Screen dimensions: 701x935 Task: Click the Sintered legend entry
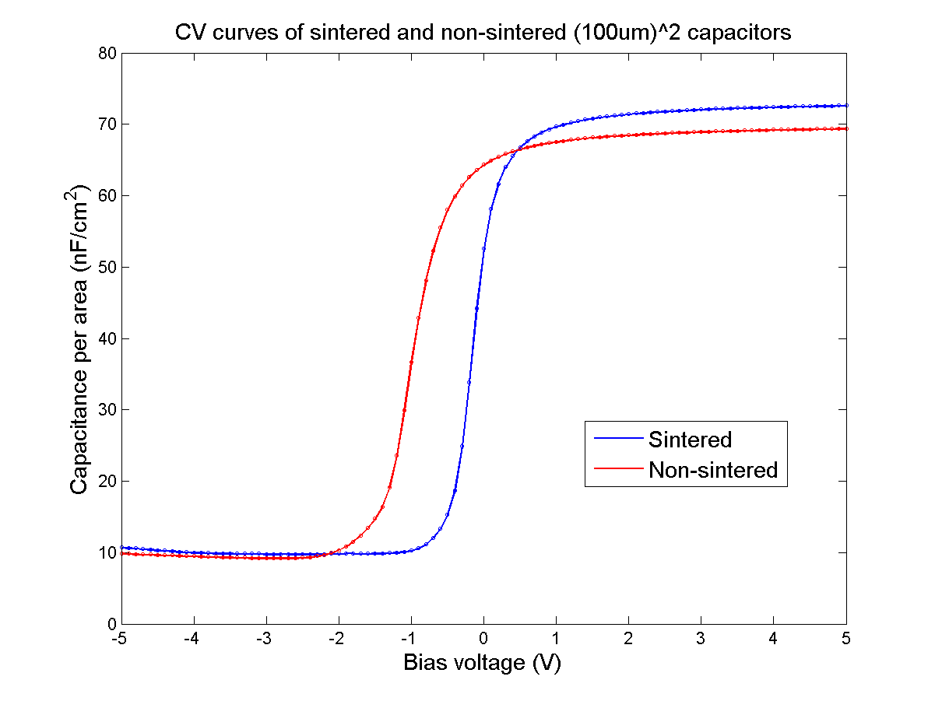pyautogui.click(x=690, y=440)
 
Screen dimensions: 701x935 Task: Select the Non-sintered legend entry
pyautogui.click(x=712, y=470)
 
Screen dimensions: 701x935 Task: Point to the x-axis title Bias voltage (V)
pyautogui.click(x=482, y=664)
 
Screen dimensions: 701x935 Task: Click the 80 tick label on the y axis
pyautogui.click(x=107, y=54)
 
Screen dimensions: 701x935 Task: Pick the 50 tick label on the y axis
pyautogui.click(x=107, y=268)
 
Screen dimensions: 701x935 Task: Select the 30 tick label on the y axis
pyautogui.click(x=107, y=410)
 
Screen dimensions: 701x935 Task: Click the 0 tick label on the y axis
pyautogui.click(x=111, y=624)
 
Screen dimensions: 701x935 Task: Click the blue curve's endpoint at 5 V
pyautogui.click(x=846, y=105)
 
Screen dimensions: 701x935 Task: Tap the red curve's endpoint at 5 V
pyautogui.click(x=846, y=128)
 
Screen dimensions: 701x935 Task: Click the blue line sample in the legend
pyautogui.click(x=619, y=440)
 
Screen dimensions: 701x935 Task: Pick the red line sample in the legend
pyautogui.click(x=619, y=470)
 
